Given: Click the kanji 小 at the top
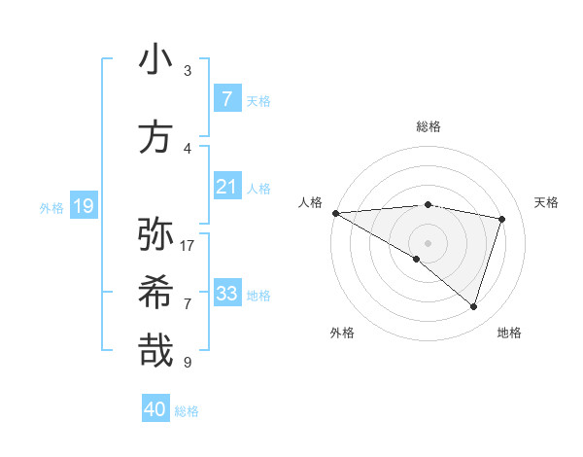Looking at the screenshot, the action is click(155, 59).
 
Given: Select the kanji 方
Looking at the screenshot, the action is click(155, 138).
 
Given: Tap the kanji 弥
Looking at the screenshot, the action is click(155, 234).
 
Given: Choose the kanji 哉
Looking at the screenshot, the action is click(155, 350).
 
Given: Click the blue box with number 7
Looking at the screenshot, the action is click(226, 99).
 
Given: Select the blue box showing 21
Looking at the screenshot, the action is click(226, 187).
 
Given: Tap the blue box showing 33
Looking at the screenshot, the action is click(226, 294).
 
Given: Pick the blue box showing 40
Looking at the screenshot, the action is click(155, 409).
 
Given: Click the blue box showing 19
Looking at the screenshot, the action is click(83, 206).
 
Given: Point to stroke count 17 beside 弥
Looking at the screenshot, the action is click(188, 246).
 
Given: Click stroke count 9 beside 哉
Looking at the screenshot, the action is click(188, 363).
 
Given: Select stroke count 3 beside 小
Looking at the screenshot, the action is click(188, 71).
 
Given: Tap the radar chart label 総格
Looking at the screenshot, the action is click(428, 126).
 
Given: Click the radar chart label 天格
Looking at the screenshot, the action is click(547, 202).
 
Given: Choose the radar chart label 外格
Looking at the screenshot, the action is click(342, 333).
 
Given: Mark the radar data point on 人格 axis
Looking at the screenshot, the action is click(335, 213).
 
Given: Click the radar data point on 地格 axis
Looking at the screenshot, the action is click(473, 306).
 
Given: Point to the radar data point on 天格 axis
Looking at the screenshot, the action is click(502, 219).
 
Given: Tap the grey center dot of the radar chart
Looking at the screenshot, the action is click(428, 241).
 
